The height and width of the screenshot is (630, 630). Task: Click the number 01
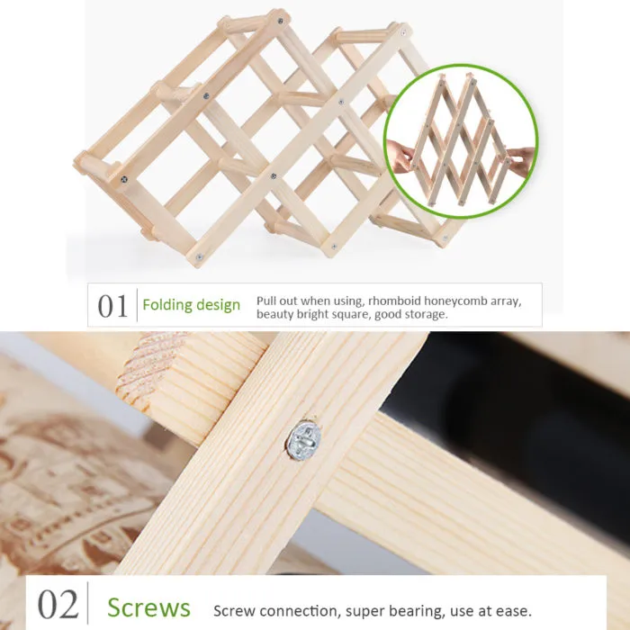112,306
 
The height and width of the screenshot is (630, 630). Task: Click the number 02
58,604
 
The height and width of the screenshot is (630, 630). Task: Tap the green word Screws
148,607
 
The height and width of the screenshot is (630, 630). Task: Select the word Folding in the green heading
164,305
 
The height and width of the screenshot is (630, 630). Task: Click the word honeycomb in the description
453,301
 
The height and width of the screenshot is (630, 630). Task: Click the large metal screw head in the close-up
303,440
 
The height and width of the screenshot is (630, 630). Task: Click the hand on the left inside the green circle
400,157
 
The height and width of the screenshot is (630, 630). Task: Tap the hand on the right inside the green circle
521,157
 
